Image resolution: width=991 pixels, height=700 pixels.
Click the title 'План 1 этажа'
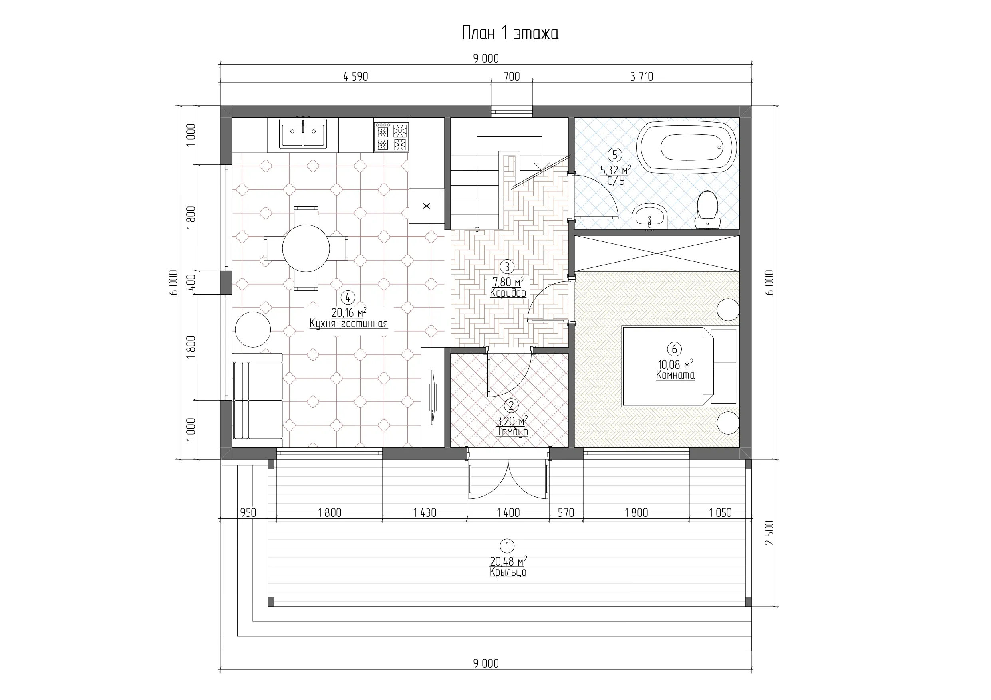click(x=510, y=33)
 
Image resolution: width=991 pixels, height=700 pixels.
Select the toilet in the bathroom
click(x=707, y=209)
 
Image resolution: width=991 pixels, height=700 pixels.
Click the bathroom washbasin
click(x=649, y=217)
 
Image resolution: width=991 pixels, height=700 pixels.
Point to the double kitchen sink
click(x=303, y=134)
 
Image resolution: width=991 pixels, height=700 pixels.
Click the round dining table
click(x=306, y=248)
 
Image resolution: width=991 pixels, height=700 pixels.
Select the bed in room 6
click(x=679, y=366)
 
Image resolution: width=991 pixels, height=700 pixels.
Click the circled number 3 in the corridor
click(x=507, y=267)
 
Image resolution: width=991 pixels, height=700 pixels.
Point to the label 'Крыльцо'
click(x=508, y=572)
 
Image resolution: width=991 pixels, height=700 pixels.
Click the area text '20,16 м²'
click(x=349, y=312)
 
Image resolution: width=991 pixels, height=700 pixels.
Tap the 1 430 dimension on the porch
click(x=425, y=513)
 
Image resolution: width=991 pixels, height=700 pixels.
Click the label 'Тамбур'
click(x=512, y=432)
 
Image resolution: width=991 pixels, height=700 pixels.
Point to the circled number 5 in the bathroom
click(x=615, y=154)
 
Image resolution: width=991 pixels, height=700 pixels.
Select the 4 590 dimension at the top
click(x=355, y=77)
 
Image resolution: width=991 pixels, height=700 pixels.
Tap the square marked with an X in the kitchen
click(x=427, y=206)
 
